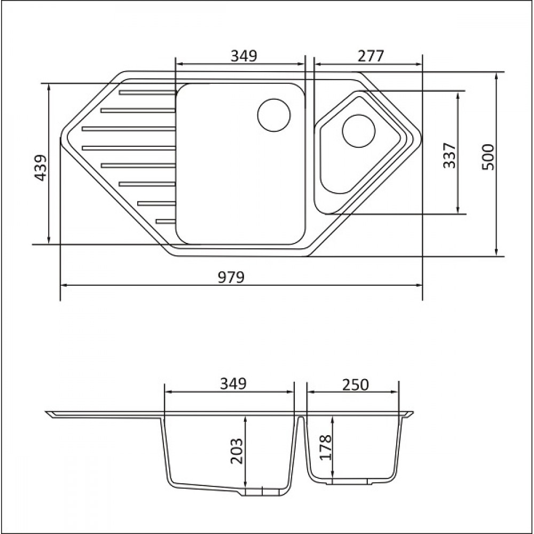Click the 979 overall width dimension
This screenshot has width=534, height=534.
click(231, 277)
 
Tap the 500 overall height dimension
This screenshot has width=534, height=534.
click(488, 158)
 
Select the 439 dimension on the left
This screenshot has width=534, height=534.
click(41, 168)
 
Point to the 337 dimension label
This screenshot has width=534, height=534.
click(450, 155)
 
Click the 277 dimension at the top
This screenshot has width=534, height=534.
click(371, 56)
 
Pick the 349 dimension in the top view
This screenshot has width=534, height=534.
click(244, 56)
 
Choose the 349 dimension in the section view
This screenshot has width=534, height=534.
click(233, 384)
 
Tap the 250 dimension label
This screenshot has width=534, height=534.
click(355, 385)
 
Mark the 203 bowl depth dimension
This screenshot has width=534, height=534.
click(237, 451)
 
